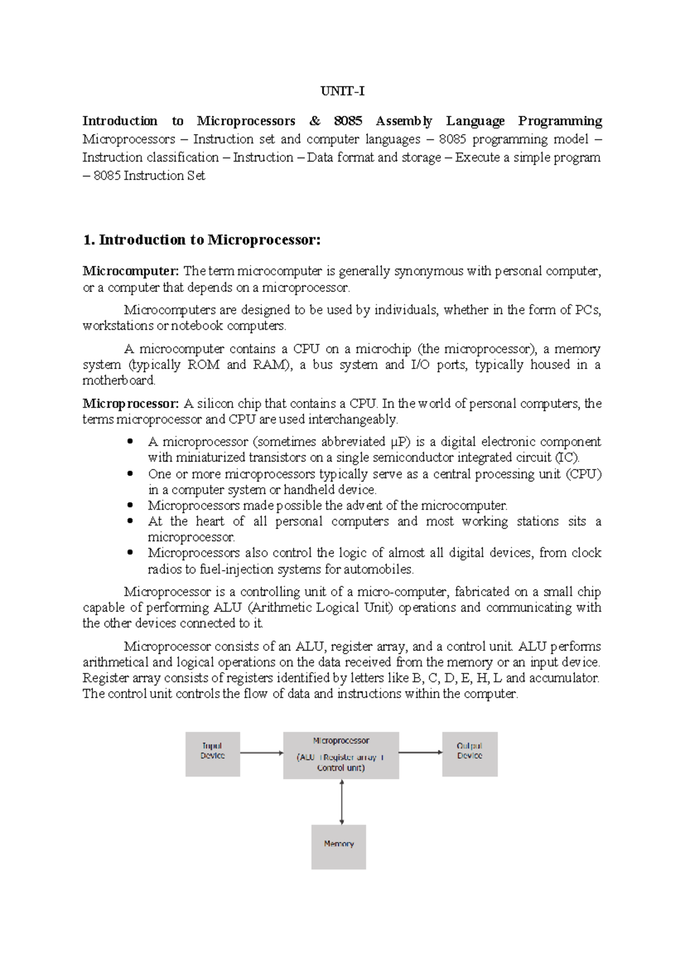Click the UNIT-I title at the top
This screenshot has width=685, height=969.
pyautogui.click(x=342, y=91)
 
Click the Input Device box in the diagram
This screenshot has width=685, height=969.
pyautogui.click(x=212, y=754)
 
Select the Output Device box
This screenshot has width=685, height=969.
pyautogui.click(x=469, y=754)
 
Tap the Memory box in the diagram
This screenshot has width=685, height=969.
pyautogui.click(x=339, y=846)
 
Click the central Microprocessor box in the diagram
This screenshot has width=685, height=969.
pyautogui.click(x=341, y=755)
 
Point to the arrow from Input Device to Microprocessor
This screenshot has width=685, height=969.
pyautogui.click(x=261, y=753)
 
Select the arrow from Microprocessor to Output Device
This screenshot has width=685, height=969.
pyautogui.click(x=420, y=752)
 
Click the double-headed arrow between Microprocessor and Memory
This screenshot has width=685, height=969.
pyautogui.click(x=341, y=802)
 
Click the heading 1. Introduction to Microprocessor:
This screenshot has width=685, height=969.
pyautogui.click(x=202, y=240)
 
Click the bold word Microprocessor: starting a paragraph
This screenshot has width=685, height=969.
pyautogui.click(x=131, y=403)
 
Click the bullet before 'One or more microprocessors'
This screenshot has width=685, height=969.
pyautogui.click(x=131, y=474)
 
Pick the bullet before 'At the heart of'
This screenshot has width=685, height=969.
pyautogui.click(x=131, y=521)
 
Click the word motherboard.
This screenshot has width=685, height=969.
pyautogui.click(x=119, y=381)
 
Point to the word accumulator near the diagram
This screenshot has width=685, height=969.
pyautogui.click(x=563, y=678)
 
